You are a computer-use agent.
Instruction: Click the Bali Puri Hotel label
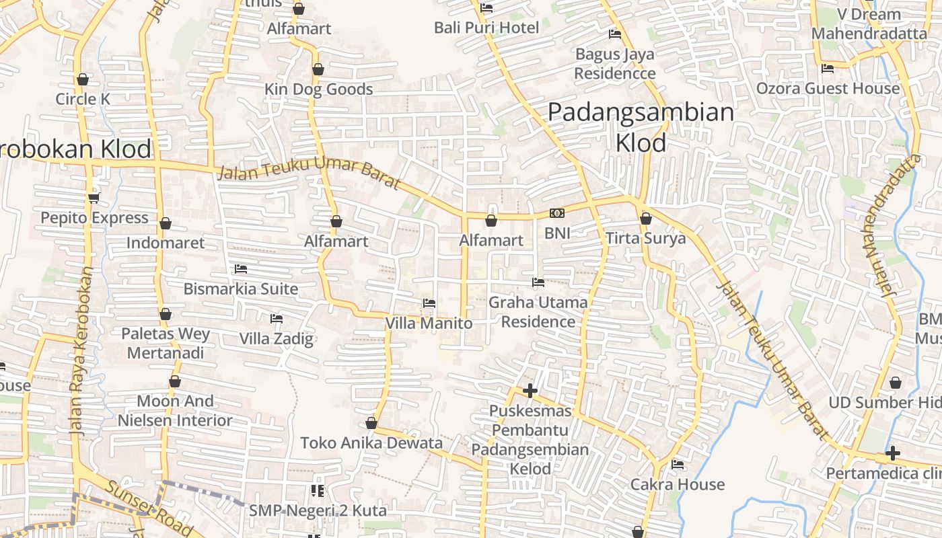point(486,28)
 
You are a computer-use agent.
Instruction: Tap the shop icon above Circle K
point(83,79)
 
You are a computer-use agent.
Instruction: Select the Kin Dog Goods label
point(318,89)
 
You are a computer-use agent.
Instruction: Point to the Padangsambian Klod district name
point(641,126)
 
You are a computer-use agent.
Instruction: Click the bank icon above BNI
point(557,213)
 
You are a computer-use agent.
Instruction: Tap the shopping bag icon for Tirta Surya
point(646,219)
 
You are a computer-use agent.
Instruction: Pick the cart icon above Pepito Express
point(94,198)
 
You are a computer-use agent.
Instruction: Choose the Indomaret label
point(166,243)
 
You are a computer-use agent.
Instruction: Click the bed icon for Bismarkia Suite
point(241,269)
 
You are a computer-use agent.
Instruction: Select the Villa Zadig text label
point(277,338)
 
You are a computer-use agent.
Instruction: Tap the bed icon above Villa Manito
point(429,303)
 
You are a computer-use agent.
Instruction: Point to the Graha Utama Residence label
point(538,312)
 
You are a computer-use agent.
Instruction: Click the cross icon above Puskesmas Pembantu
point(530,391)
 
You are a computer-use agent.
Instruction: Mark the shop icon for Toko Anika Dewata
point(371,423)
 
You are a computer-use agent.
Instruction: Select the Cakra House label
point(678,484)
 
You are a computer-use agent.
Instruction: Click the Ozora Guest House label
point(828,89)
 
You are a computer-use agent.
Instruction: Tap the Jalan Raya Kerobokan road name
point(80,351)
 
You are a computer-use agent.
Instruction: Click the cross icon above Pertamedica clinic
point(893,453)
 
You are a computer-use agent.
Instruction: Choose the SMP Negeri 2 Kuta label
point(318,510)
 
